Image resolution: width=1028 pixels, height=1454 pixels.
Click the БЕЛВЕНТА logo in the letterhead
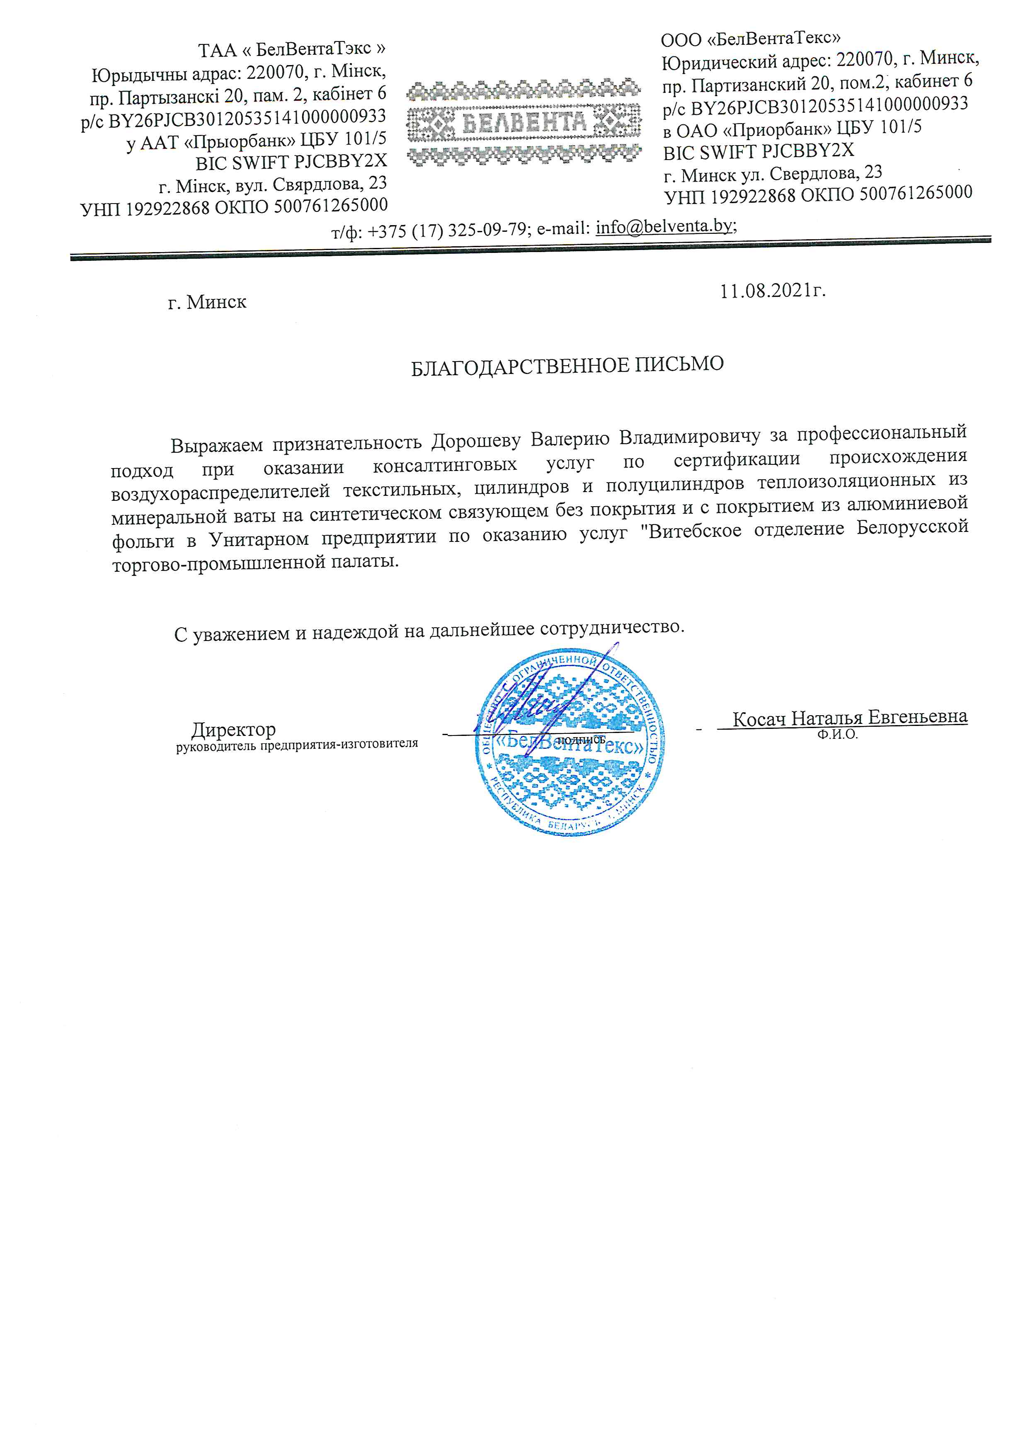[x=524, y=122]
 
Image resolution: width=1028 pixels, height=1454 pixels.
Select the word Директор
[x=233, y=730]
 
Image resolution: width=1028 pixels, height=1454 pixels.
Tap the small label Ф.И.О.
[x=837, y=735]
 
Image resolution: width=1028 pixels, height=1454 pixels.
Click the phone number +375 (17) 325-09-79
[x=448, y=231]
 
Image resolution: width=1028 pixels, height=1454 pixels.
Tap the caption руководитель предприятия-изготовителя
[x=297, y=744]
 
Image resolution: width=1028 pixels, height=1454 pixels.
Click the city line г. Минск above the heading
[x=207, y=302]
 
